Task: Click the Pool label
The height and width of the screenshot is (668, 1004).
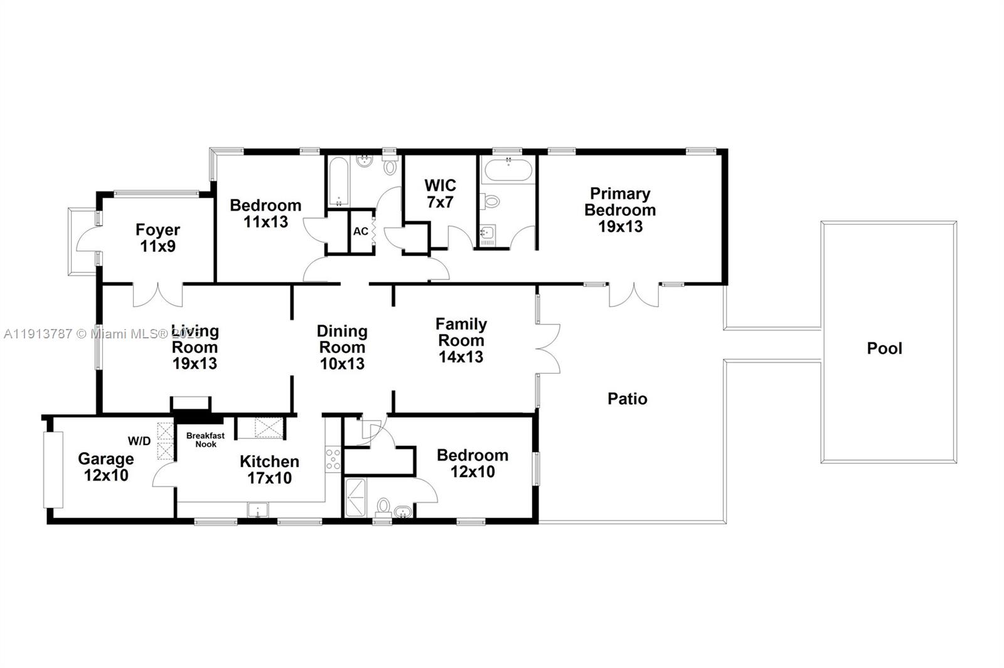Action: point(884,348)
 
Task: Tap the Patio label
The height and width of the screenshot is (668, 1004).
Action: point(627,399)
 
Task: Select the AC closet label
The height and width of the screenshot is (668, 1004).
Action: point(360,231)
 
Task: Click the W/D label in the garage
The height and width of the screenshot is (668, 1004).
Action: point(139,441)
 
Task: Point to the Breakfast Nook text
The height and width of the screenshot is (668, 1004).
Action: point(205,439)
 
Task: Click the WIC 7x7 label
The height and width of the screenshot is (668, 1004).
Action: point(440,193)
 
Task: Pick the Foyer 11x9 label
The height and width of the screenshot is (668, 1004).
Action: point(158,238)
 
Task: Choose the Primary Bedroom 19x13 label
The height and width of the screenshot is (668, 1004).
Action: point(620,210)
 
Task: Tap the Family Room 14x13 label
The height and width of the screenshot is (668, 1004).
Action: point(461,340)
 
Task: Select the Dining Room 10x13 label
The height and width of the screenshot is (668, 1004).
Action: point(342,347)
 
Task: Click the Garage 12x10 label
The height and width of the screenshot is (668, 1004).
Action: point(106,466)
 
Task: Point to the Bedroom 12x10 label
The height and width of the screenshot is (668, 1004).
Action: point(473,463)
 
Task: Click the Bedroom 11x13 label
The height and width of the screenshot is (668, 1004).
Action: point(265,213)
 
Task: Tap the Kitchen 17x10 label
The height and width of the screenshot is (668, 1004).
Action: point(269,470)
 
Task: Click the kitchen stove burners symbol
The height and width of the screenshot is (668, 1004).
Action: point(333,459)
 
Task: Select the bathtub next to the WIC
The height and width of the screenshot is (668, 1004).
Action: point(507,170)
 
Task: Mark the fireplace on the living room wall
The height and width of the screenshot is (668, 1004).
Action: point(191,403)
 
